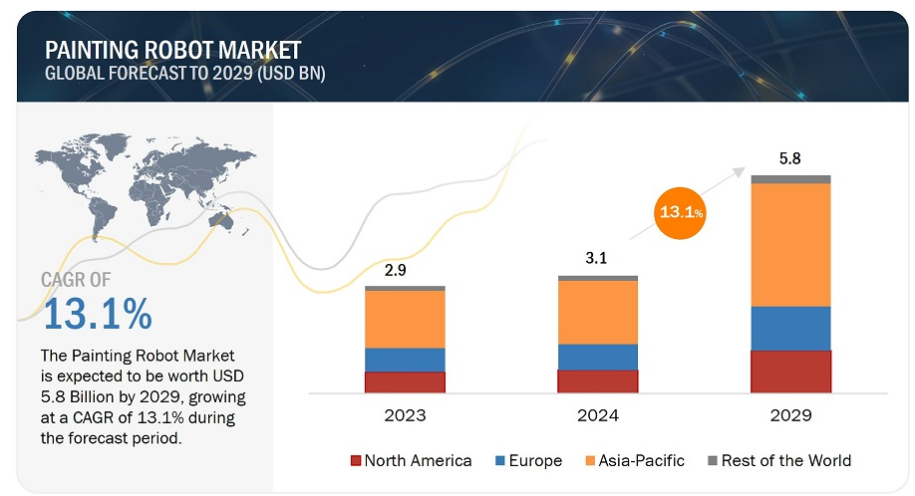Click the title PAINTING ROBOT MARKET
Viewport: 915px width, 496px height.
tap(172, 50)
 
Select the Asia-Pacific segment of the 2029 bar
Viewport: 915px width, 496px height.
tap(791, 245)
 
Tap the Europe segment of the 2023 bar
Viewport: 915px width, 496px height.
tap(405, 360)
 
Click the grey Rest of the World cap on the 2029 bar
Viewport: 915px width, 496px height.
tap(791, 179)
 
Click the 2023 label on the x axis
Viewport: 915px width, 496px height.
tap(405, 415)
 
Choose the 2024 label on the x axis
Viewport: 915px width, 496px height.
tap(597, 415)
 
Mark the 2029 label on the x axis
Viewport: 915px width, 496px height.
tap(791, 415)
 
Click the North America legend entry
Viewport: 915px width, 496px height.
tap(411, 460)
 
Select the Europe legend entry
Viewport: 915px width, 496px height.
tap(529, 460)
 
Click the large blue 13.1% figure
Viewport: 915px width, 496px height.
tap(97, 315)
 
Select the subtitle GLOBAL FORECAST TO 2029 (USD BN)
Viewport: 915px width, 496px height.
tap(184, 74)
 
